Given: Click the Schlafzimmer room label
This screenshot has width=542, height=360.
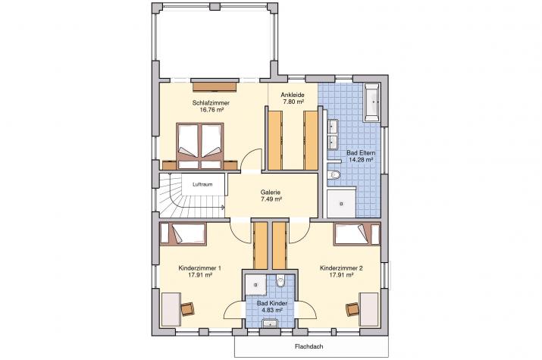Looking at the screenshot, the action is point(211,102).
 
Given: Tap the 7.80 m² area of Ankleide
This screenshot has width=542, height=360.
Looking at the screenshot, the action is point(293,102).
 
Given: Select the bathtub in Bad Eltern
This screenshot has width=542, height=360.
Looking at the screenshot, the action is point(371,102).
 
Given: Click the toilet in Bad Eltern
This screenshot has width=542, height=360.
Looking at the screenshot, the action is point(334,175).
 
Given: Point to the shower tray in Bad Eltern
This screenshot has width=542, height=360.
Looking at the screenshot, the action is point(342,203).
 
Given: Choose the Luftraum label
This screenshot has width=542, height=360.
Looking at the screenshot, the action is point(202,184).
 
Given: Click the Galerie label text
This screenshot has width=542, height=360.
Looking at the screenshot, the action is point(271,192).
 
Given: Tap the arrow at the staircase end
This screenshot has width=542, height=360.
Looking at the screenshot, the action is point(223,208).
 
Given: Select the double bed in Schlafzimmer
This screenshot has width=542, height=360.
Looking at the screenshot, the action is point(200,146).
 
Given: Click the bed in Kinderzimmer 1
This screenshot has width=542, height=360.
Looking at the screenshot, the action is point(183,234).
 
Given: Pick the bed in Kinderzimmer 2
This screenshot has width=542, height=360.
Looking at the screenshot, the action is point(357,234).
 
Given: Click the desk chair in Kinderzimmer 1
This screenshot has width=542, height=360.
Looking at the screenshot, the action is point(188,308).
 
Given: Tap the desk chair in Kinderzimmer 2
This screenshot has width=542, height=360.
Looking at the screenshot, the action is point(352,308).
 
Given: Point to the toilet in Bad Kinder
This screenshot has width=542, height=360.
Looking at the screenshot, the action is point(280,281).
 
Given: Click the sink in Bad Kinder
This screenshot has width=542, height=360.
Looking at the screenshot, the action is point(271,324).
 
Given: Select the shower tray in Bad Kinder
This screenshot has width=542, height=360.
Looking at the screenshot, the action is point(255,285).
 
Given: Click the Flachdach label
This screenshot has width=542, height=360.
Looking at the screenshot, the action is point(309,346).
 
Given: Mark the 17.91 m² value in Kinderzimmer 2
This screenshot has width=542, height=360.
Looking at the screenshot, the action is point(341,275).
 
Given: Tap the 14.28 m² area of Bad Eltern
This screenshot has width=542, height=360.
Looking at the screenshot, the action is point(361,160).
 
